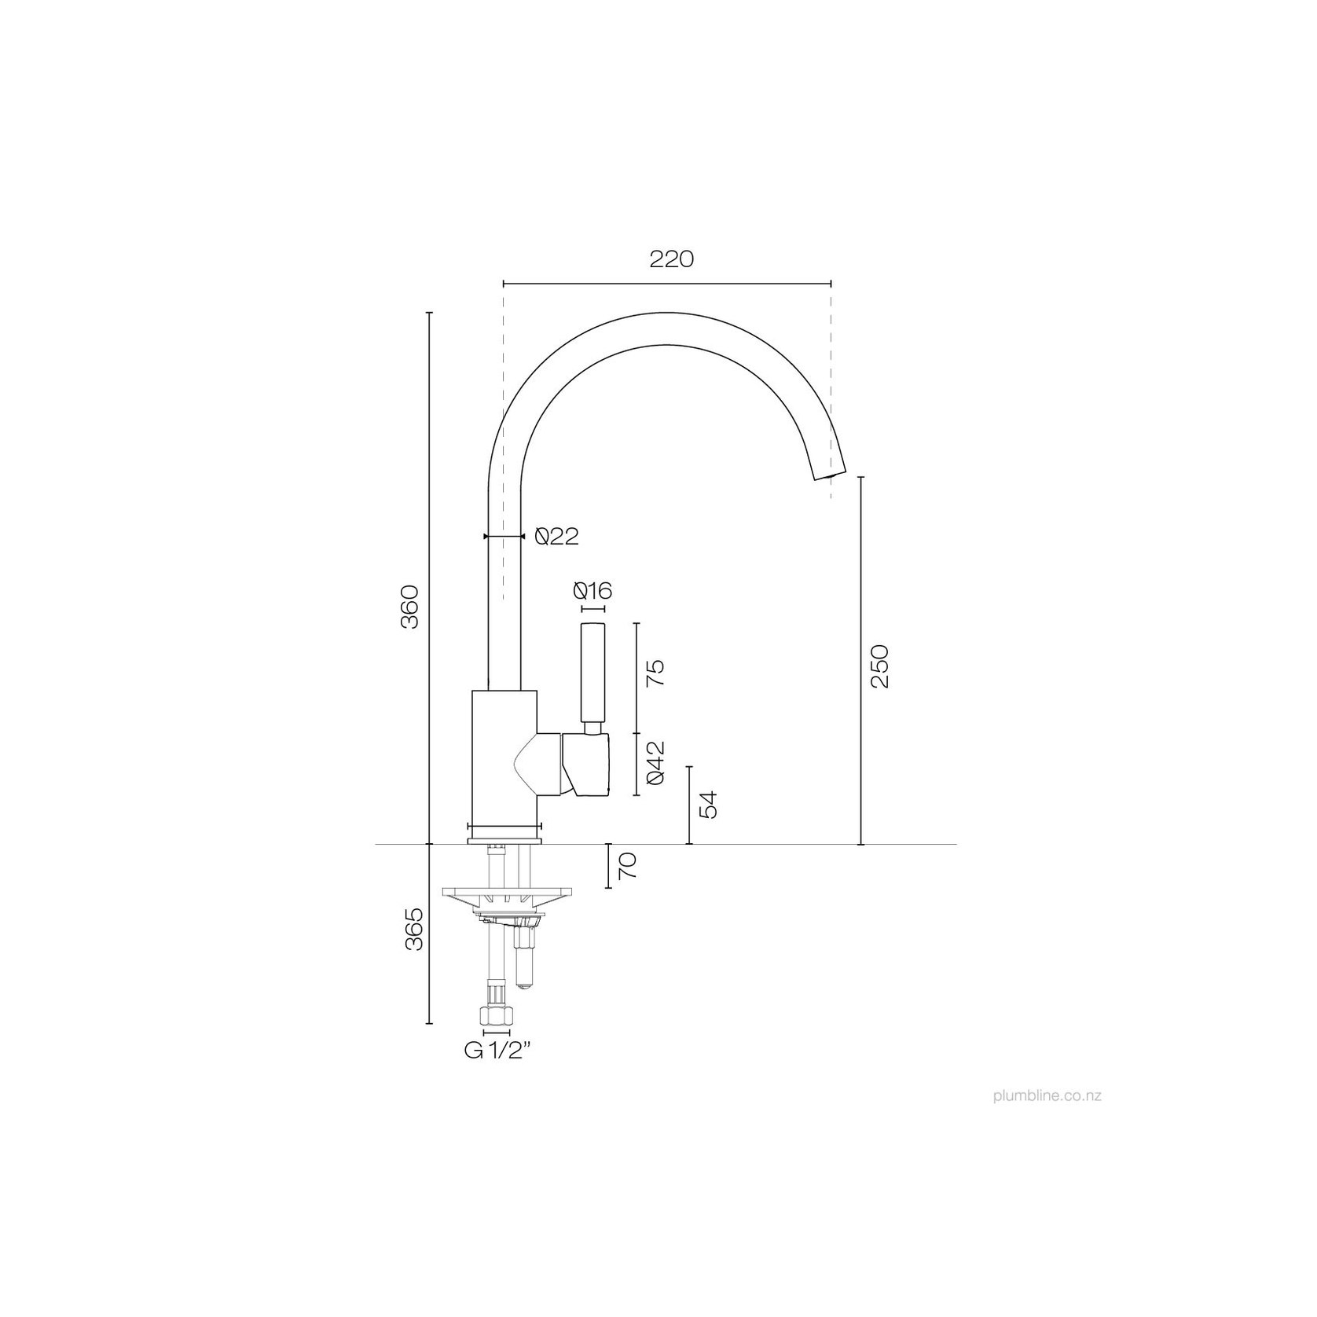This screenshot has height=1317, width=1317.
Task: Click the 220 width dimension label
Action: [x=672, y=259]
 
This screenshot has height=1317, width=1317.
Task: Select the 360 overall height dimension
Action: [x=413, y=606]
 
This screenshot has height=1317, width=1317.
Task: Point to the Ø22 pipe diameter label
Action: [x=556, y=536]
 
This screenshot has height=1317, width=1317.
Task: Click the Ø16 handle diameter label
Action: [x=592, y=590]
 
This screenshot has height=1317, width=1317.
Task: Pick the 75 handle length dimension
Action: [x=655, y=673]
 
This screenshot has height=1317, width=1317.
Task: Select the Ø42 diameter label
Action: [x=655, y=762]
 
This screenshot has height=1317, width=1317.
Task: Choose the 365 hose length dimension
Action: [x=413, y=928]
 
